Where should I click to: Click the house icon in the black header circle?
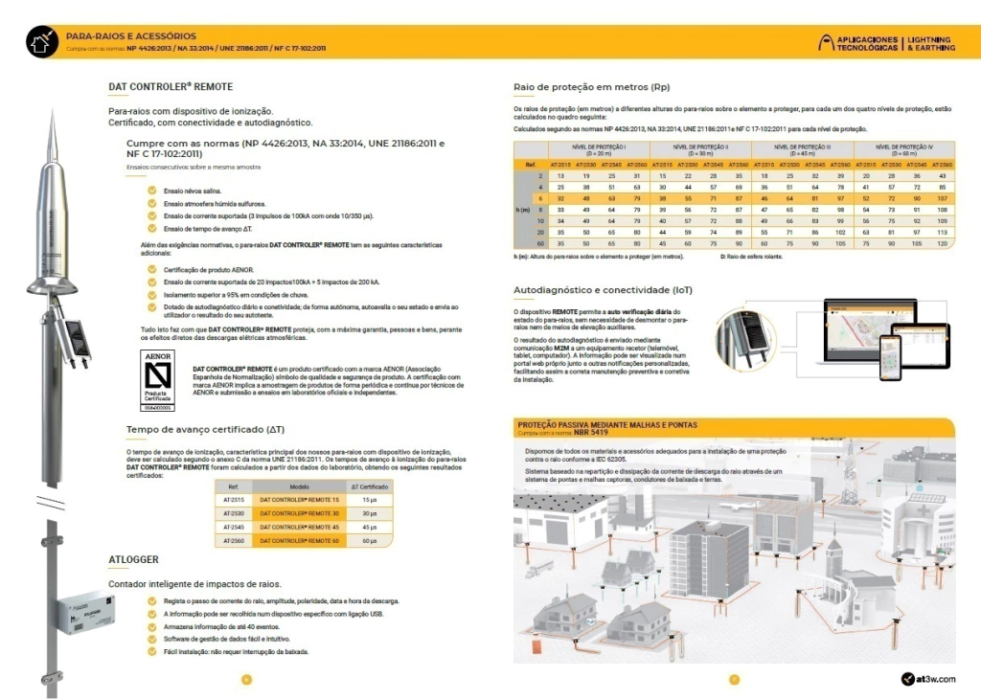pyautogui.click(x=41, y=41)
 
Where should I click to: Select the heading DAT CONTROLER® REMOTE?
pyautogui.click(x=171, y=87)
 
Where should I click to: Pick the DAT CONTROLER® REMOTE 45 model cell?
pyautogui.click(x=302, y=527)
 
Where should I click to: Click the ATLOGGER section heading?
pyautogui.click(x=133, y=559)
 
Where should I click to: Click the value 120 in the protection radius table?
pyautogui.click(x=942, y=244)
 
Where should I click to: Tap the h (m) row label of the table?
pyautogui.click(x=524, y=210)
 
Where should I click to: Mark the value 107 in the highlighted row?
pyautogui.click(x=942, y=197)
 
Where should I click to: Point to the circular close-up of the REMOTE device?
pyautogui.click(x=747, y=335)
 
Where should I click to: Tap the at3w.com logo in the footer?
pyautogui.click(x=928, y=679)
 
